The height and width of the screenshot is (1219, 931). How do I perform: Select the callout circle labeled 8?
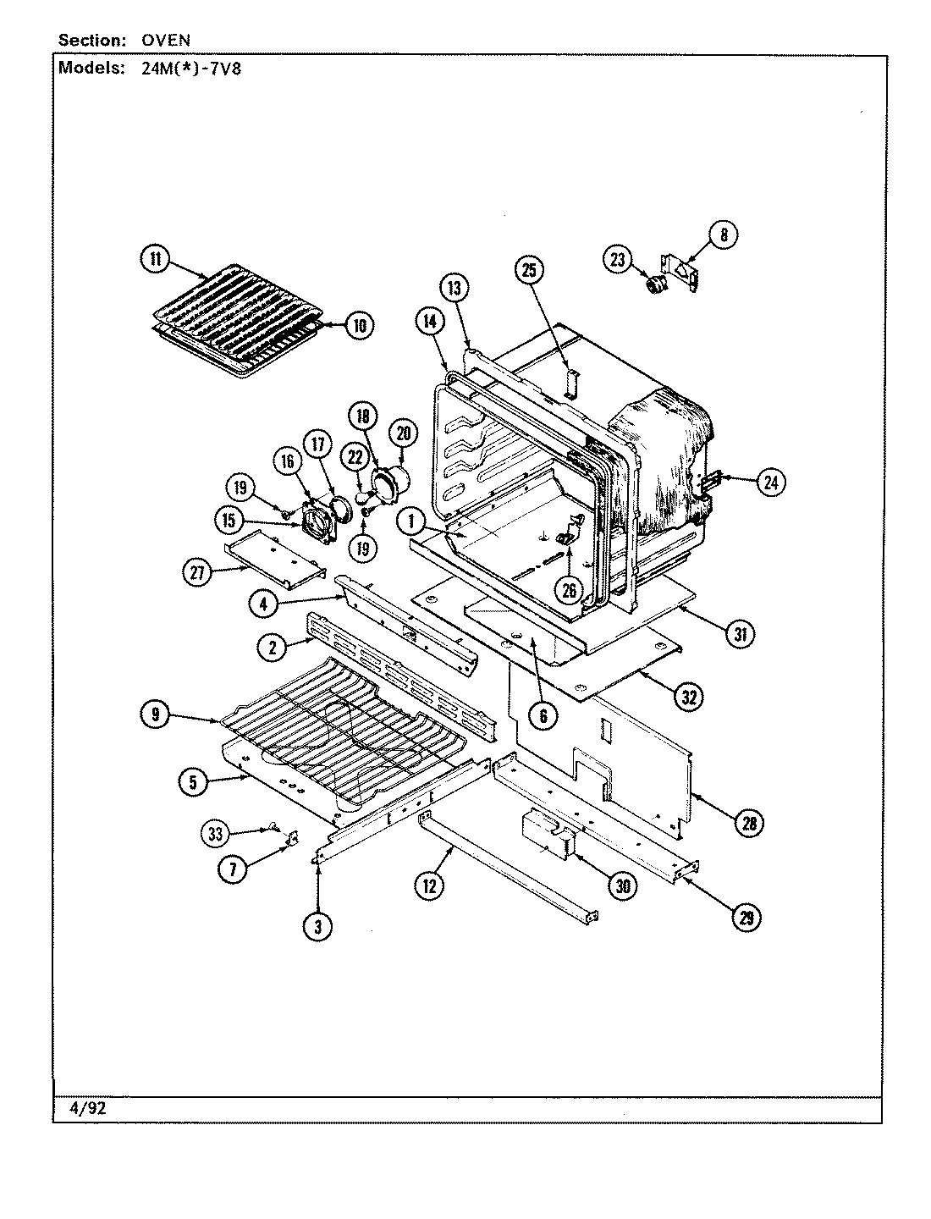click(x=724, y=234)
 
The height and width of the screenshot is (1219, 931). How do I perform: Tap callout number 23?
click(x=617, y=260)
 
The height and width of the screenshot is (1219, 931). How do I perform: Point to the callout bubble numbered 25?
click(x=528, y=271)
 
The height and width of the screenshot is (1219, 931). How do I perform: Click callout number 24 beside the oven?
click(x=770, y=483)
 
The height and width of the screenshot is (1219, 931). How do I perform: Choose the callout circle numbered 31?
click(x=739, y=633)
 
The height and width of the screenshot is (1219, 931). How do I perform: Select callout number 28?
click(x=748, y=822)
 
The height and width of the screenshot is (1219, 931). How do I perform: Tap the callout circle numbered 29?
click(x=746, y=918)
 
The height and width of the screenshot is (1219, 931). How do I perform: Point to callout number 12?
click(x=429, y=885)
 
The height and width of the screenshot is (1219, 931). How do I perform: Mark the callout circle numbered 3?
click(x=318, y=927)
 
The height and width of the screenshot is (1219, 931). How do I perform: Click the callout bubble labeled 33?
click(x=215, y=834)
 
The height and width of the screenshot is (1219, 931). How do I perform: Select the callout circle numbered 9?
click(x=155, y=715)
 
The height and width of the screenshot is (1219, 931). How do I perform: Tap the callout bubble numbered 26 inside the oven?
click(x=570, y=590)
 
